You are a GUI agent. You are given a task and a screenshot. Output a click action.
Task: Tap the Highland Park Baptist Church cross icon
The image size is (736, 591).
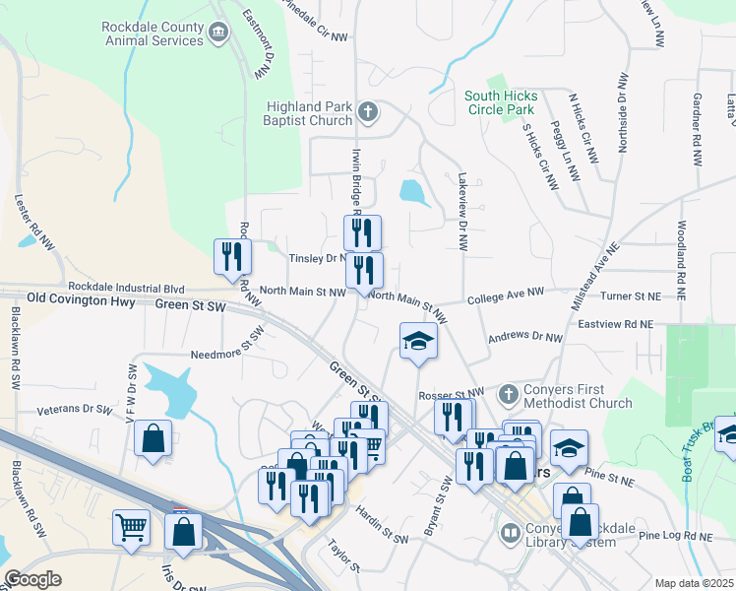[x=368, y=111]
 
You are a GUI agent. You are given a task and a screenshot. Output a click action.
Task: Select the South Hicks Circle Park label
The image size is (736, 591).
[x=501, y=102]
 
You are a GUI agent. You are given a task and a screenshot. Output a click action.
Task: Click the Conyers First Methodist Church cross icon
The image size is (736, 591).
[x=509, y=394]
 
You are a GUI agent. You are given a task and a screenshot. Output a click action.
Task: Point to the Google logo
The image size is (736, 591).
[x=32, y=579]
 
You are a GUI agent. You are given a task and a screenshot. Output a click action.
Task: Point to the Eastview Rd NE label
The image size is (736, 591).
[x=615, y=323]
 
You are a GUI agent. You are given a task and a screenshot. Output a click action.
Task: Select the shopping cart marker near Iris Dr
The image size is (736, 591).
[x=131, y=529]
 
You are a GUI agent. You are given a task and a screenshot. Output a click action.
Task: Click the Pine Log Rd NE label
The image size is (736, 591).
[x=676, y=536]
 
